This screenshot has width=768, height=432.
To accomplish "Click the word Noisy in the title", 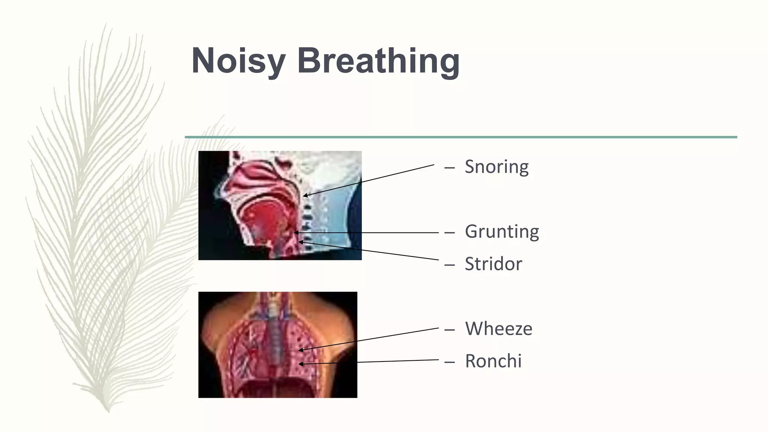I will [x=238, y=61].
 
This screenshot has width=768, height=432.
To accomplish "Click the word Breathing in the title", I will [x=378, y=61].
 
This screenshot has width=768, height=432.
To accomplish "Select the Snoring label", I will [x=496, y=167].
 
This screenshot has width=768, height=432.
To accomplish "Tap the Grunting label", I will [x=502, y=231].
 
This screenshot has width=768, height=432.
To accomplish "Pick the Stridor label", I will [x=493, y=264].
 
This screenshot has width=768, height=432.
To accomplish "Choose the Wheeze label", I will [x=498, y=329].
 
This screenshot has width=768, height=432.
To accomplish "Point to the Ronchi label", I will [x=493, y=361].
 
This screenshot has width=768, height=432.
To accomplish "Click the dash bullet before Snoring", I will [x=449, y=168].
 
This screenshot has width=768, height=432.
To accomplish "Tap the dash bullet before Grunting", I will [x=449, y=232].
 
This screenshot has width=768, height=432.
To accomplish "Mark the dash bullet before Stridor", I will [x=449, y=265].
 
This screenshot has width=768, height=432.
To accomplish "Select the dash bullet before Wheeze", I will [x=449, y=330].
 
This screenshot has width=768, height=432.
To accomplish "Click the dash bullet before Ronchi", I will [x=449, y=362].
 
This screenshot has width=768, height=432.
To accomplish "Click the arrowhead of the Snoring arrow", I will [x=304, y=195].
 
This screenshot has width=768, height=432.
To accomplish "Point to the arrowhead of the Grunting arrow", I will [x=295, y=233].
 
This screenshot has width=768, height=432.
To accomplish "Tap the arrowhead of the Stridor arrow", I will [x=300, y=242].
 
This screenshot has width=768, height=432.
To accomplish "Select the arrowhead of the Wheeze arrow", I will [x=300, y=350].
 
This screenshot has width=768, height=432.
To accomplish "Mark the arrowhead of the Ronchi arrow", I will [x=300, y=364].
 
